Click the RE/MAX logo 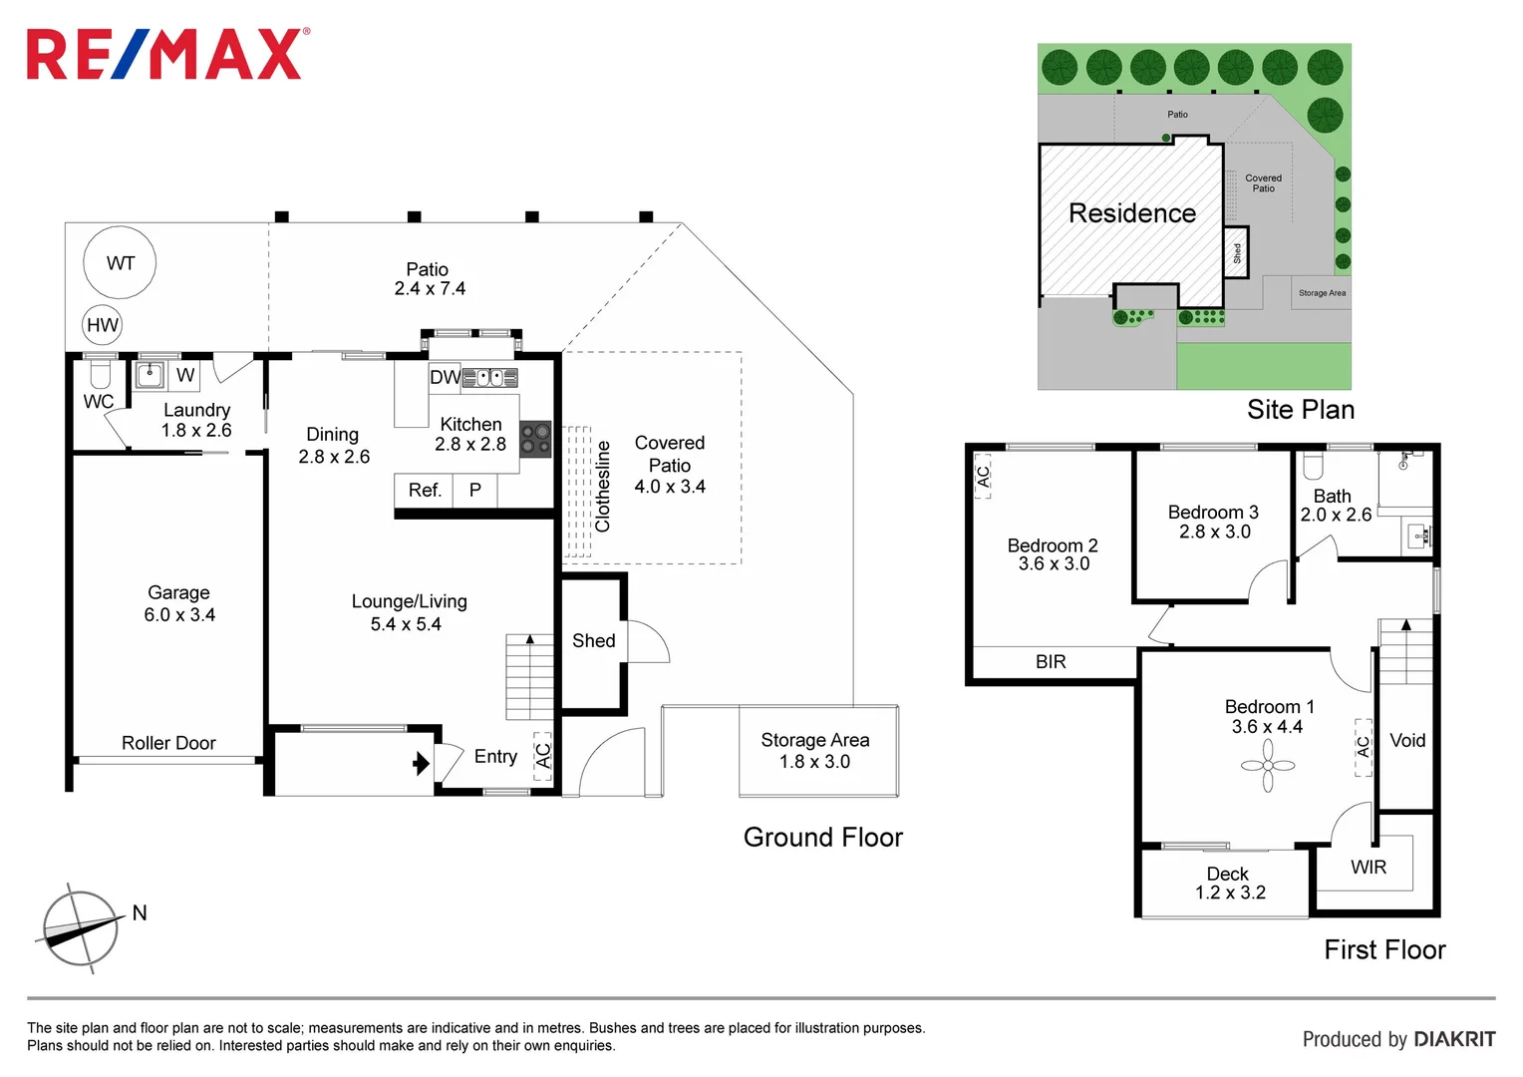(167, 54)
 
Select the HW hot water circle (102, 325)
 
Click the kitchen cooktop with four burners (536, 439)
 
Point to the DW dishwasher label (445, 377)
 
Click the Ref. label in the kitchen (425, 490)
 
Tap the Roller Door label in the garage (168, 743)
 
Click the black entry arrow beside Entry (421, 763)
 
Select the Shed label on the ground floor (594, 641)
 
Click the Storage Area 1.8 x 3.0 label (815, 751)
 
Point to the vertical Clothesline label (602, 487)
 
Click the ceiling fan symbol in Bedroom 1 (1268, 766)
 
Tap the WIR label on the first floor (1369, 868)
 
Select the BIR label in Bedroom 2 (1051, 661)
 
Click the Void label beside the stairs (1407, 740)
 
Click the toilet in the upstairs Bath (1312, 466)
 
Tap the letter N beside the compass (140, 913)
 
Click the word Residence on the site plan (1132, 213)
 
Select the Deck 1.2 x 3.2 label (1230, 884)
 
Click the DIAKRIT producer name (1454, 1039)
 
